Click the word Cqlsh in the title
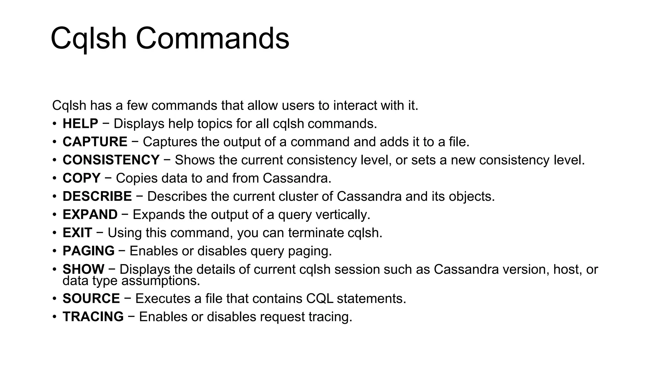point(88,39)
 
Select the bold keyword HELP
point(80,124)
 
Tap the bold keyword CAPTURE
point(95,142)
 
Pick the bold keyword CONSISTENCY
point(111,160)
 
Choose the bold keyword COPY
point(82,178)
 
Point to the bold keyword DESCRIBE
point(97,196)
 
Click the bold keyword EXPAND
point(90,215)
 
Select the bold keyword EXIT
point(77,233)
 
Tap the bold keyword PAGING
point(88,251)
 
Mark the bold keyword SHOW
point(83,269)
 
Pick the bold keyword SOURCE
point(91,298)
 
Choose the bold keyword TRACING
point(93,317)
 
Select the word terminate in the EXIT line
point(316,233)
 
